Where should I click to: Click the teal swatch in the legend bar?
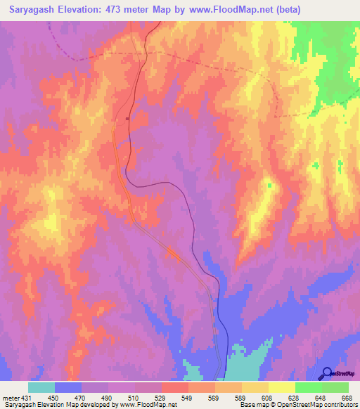41,387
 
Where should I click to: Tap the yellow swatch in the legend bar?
281,387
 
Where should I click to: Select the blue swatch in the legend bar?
68,387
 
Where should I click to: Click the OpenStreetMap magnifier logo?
328,373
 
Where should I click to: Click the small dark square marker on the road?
127,119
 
